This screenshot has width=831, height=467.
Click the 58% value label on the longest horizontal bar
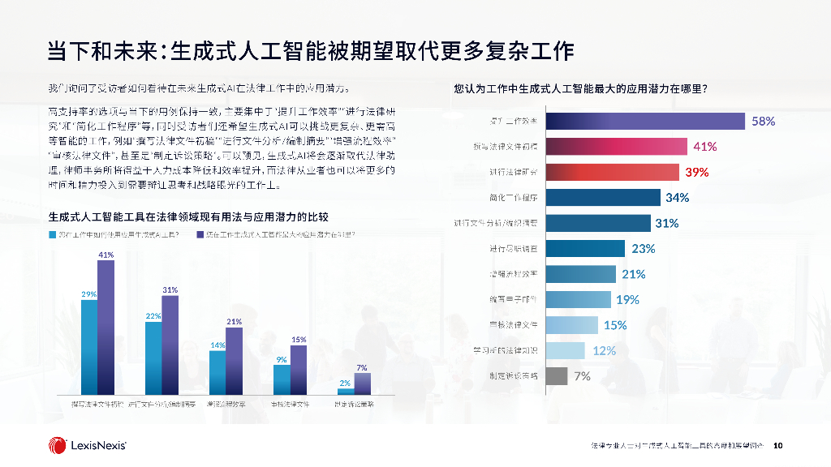click(x=763, y=121)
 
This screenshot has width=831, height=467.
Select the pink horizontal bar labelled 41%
click(x=617, y=146)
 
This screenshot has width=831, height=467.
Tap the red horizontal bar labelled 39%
click(x=612, y=172)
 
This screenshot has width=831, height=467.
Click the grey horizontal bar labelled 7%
click(x=556, y=375)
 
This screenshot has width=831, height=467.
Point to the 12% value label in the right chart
click(x=604, y=350)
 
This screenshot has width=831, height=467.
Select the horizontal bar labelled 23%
click(x=585, y=248)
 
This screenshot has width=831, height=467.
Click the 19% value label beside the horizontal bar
click(x=627, y=299)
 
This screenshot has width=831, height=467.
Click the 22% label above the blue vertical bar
click(x=153, y=315)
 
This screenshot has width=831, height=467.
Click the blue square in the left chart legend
click(x=51, y=234)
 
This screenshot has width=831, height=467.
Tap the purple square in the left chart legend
click(x=200, y=234)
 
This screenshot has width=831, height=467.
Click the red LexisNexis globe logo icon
click(x=58, y=444)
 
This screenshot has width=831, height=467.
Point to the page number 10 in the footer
click(x=777, y=445)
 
